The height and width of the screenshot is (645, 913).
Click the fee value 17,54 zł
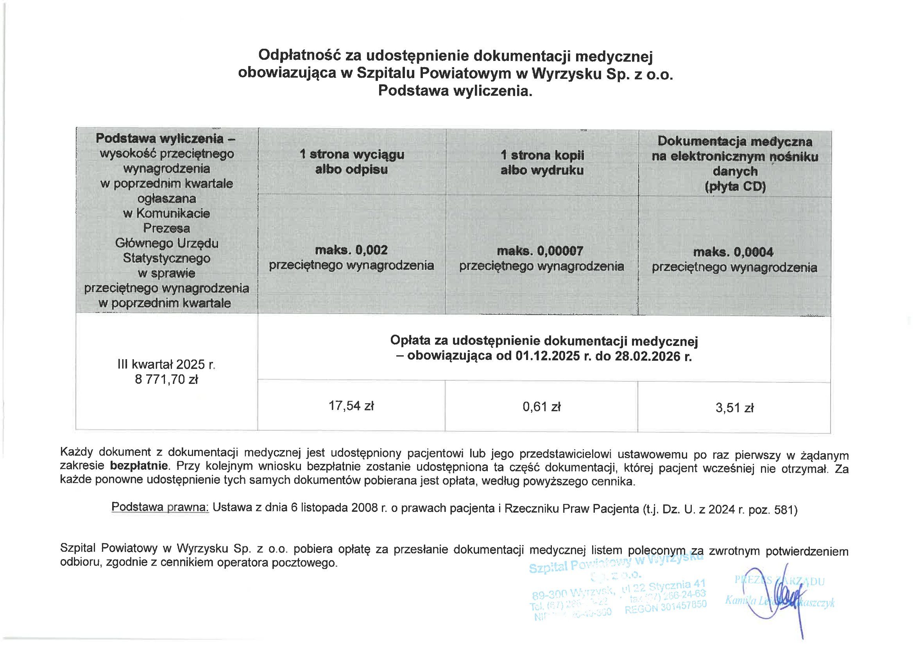point(351,406)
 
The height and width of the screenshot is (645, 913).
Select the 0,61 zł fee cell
point(542,407)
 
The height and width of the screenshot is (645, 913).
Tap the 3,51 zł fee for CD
point(734,408)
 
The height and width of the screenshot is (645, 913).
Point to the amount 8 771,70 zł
point(166,380)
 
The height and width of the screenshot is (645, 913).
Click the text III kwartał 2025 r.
point(166,365)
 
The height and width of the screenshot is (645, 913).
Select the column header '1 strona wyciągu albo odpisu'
point(351,162)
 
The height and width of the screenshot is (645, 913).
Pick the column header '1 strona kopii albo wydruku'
point(542,162)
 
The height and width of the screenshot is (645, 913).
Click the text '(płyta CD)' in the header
point(735,187)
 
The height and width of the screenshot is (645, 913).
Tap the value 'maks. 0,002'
point(351,250)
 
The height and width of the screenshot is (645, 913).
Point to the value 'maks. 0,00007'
point(540,251)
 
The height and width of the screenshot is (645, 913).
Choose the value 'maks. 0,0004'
point(733,252)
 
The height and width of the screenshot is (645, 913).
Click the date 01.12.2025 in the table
point(548,356)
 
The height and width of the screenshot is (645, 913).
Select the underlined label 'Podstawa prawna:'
point(160,507)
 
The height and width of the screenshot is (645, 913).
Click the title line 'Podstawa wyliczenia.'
point(455,91)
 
